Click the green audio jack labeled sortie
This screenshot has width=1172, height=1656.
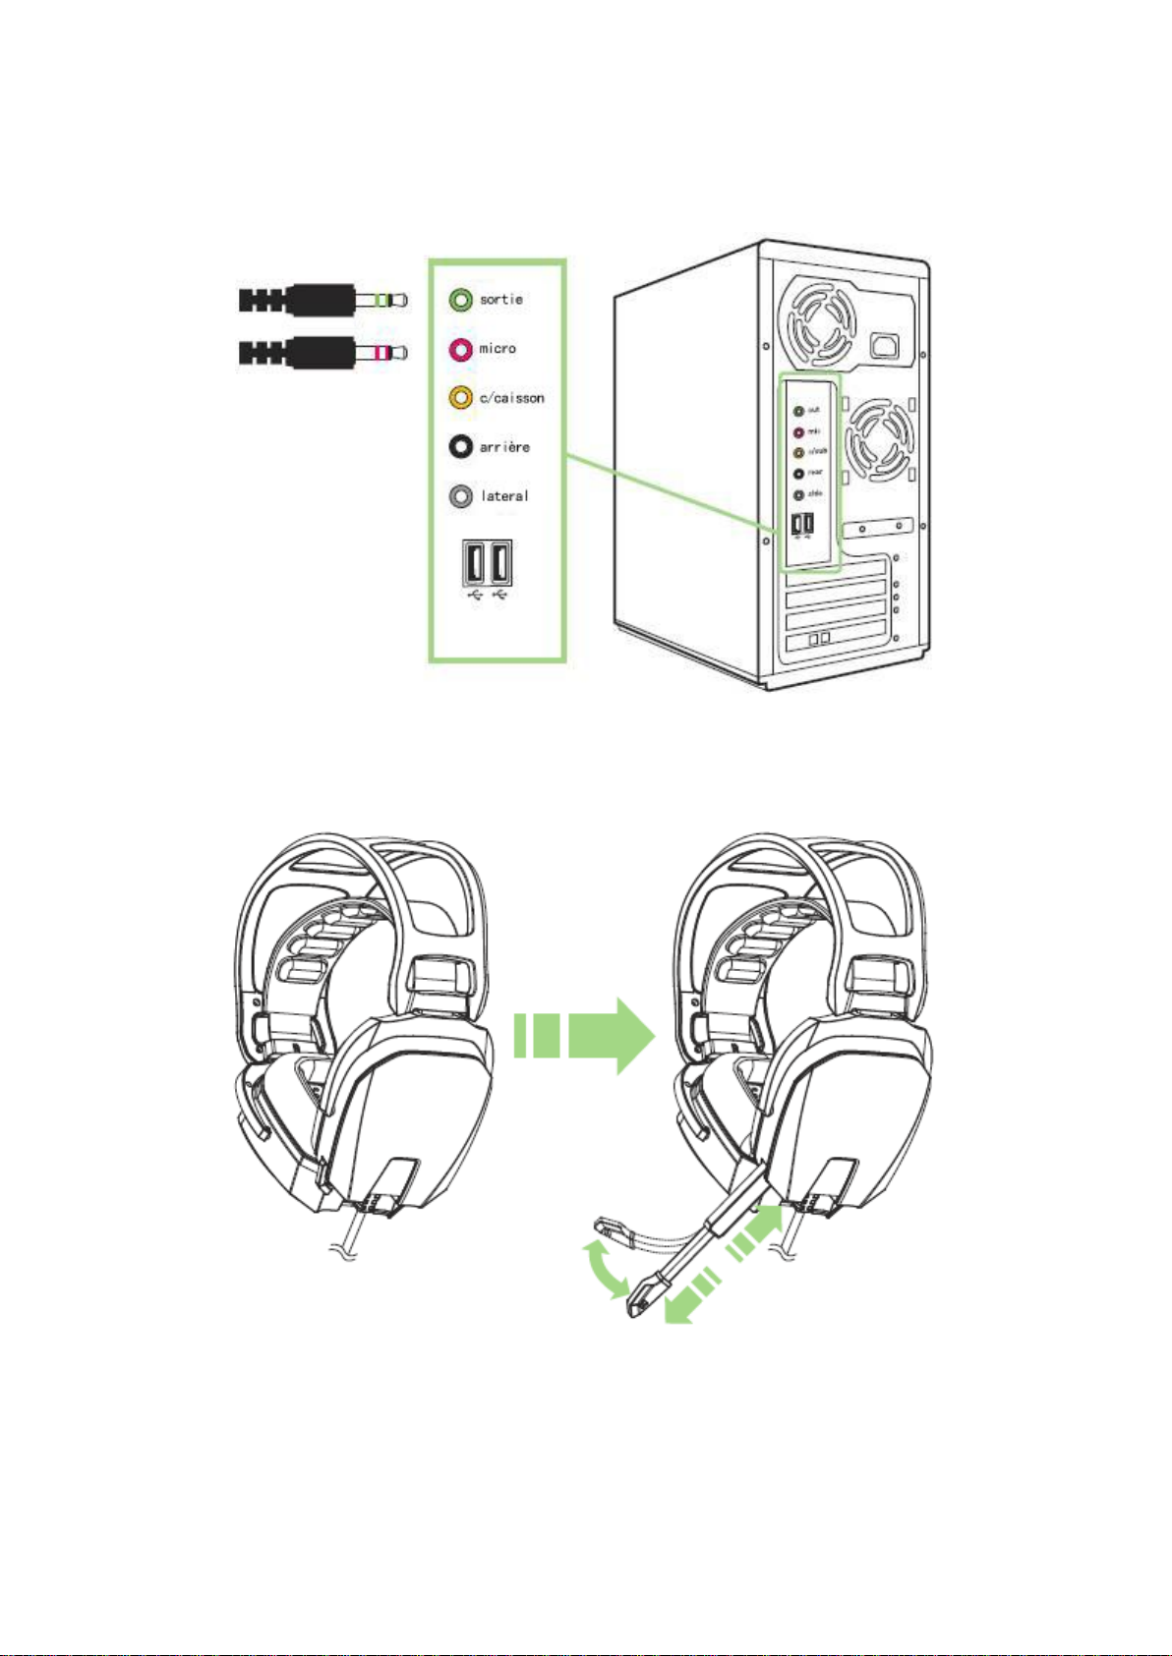pyautogui.click(x=460, y=300)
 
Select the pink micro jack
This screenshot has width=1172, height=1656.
pyautogui.click(x=460, y=349)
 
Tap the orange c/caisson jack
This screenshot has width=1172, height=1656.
pyautogui.click(x=460, y=398)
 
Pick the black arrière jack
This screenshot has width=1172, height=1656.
pyautogui.click(x=460, y=447)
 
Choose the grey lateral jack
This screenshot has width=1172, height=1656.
pyautogui.click(x=460, y=496)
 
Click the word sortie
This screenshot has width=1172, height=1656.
pyautogui.click(x=501, y=300)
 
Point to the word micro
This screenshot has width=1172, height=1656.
pyautogui.click(x=498, y=349)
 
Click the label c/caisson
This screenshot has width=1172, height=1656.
pyautogui.click(x=511, y=398)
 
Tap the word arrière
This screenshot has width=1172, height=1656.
pyautogui.click(x=504, y=447)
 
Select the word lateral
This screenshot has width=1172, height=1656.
pyautogui.click(x=504, y=496)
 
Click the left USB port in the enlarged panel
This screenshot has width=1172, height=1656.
pyautogui.click(x=474, y=564)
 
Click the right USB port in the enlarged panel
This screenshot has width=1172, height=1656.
pyautogui.click(x=499, y=564)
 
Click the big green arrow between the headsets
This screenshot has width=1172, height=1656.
pyautogui.click(x=584, y=1036)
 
